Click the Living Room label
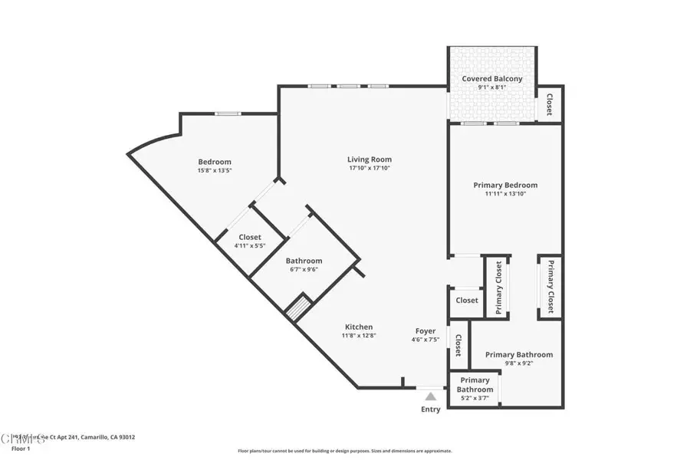pyautogui.click(x=369, y=159)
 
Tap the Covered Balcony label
pyautogui.click(x=491, y=79)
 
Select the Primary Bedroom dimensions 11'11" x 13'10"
pyautogui.click(x=504, y=194)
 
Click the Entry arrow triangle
pyautogui.click(x=431, y=396)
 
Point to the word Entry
pyautogui.click(x=431, y=409)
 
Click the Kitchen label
pyautogui.click(x=358, y=327)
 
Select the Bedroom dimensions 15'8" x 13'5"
pyautogui.click(x=215, y=170)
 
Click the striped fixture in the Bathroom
pyautogui.click(x=297, y=309)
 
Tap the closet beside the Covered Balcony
pyautogui.click(x=549, y=104)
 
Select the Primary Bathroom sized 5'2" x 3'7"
pyautogui.click(x=474, y=389)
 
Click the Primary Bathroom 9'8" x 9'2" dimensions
pyautogui.click(x=518, y=363)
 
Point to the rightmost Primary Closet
pyautogui.click(x=550, y=285)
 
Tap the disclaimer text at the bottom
pyautogui.click(x=344, y=451)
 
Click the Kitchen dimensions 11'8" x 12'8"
pyautogui.click(x=358, y=337)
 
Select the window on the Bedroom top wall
pyautogui.click(x=226, y=113)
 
